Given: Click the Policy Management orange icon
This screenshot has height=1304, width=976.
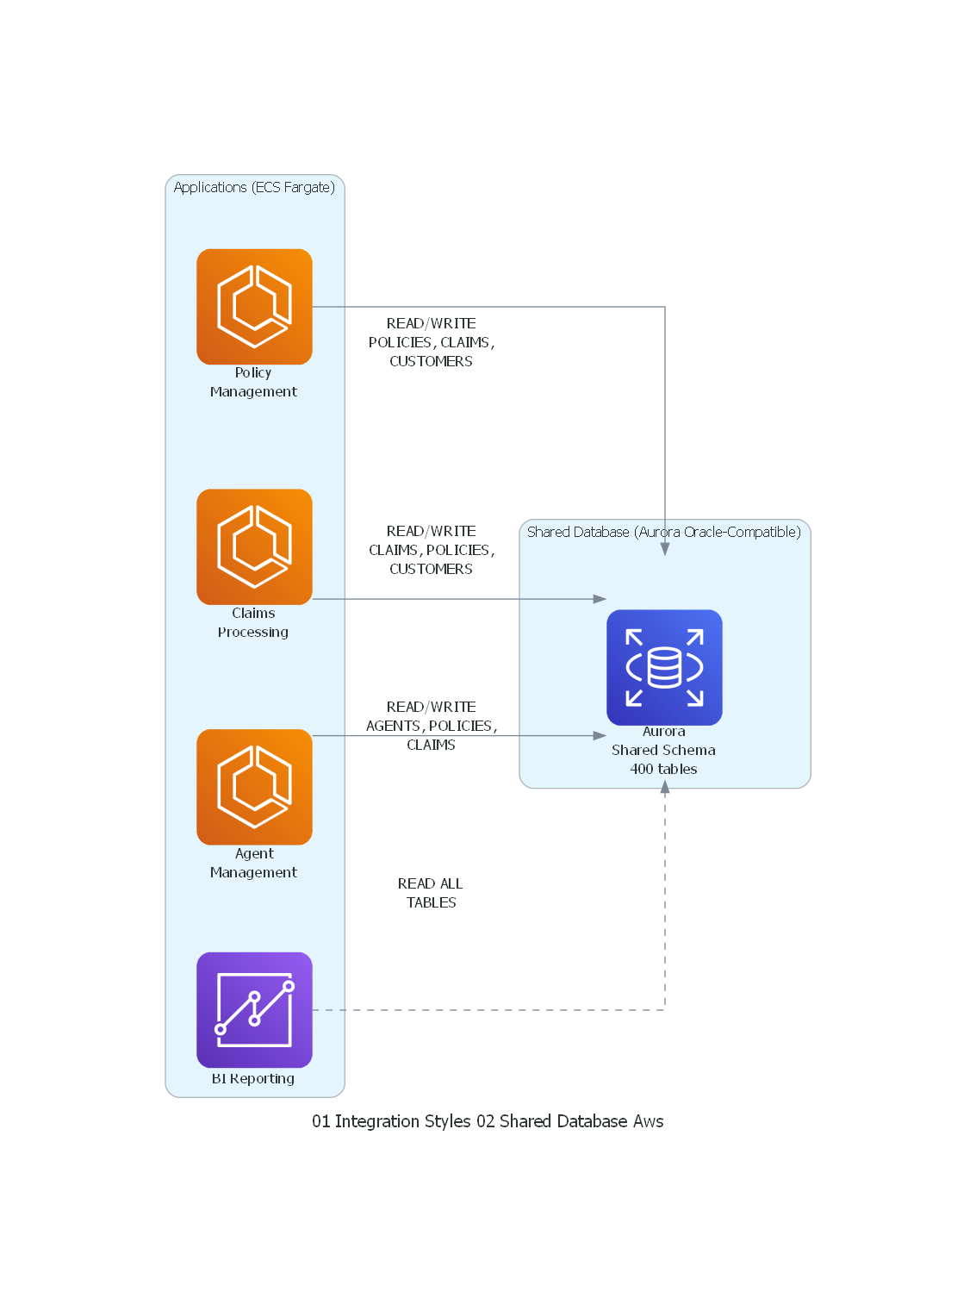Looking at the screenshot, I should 254,306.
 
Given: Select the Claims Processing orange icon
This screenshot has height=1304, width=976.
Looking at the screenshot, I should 254,546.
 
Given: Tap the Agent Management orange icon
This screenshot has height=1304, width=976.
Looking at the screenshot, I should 254,786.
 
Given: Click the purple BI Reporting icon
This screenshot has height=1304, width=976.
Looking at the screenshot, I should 254,1009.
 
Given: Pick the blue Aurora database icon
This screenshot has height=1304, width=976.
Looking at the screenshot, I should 664,667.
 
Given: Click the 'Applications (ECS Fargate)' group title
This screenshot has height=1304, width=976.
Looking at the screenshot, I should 254,187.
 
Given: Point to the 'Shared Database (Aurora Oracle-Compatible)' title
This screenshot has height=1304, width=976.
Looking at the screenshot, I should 663,532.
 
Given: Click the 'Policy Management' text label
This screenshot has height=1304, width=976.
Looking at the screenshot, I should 253,382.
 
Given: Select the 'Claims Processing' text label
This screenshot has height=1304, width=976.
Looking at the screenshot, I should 253,622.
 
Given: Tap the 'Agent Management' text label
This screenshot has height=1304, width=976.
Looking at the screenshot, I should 253,863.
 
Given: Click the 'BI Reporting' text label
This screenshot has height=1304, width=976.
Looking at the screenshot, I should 253,1078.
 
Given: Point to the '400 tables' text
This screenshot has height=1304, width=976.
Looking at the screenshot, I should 663,769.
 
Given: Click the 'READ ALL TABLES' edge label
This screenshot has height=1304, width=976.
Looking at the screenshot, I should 431,893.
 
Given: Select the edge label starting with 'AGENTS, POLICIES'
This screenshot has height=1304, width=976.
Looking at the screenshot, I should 431,726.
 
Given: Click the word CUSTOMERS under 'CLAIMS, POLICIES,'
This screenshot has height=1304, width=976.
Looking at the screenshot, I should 431,569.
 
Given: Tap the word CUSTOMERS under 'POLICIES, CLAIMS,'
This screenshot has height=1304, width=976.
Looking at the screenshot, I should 431,361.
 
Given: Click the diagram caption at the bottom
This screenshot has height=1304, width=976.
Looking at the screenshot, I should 488,1121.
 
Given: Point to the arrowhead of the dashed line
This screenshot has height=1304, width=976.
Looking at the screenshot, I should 665,787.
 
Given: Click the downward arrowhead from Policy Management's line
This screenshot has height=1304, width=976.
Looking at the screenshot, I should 665,549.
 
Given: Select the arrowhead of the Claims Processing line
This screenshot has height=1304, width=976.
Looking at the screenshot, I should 600,598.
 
